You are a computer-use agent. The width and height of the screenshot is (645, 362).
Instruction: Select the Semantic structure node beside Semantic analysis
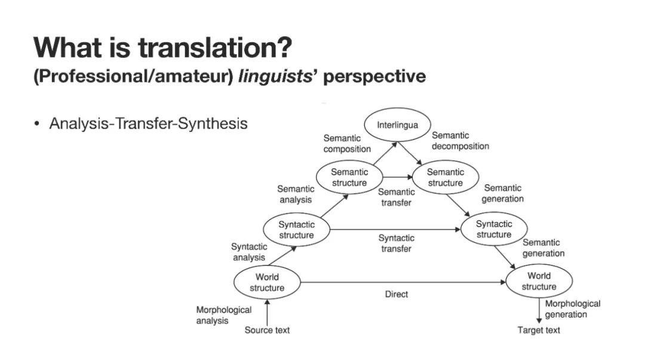click(350, 177)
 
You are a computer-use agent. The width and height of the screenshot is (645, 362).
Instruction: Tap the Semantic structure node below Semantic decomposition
click(445, 177)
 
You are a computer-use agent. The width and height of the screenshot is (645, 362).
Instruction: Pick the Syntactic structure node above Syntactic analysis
click(296, 230)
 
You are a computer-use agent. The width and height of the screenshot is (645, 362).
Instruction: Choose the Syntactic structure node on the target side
click(494, 230)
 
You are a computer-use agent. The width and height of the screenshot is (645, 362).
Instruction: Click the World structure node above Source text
click(267, 282)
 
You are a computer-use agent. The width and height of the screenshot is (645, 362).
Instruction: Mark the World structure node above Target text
click(539, 281)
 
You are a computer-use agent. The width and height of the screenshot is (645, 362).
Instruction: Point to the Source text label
click(268, 330)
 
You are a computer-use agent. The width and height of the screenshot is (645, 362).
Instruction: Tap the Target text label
click(539, 330)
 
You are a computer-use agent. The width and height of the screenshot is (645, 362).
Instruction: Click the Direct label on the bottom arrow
click(397, 294)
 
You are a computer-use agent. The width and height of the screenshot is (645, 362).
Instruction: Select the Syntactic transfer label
click(397, 243)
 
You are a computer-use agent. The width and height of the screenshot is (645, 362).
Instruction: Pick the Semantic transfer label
click(396, 197)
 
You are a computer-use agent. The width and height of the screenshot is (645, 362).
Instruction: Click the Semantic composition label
click(347, 144)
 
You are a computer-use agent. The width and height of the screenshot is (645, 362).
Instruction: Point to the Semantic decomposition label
click(460, 141)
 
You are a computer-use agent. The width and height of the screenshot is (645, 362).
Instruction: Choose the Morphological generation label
click(572, 309)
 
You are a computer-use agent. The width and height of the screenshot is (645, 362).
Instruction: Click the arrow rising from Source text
click(267, 311)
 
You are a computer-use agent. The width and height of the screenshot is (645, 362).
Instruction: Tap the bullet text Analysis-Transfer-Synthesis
click(148, 124)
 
